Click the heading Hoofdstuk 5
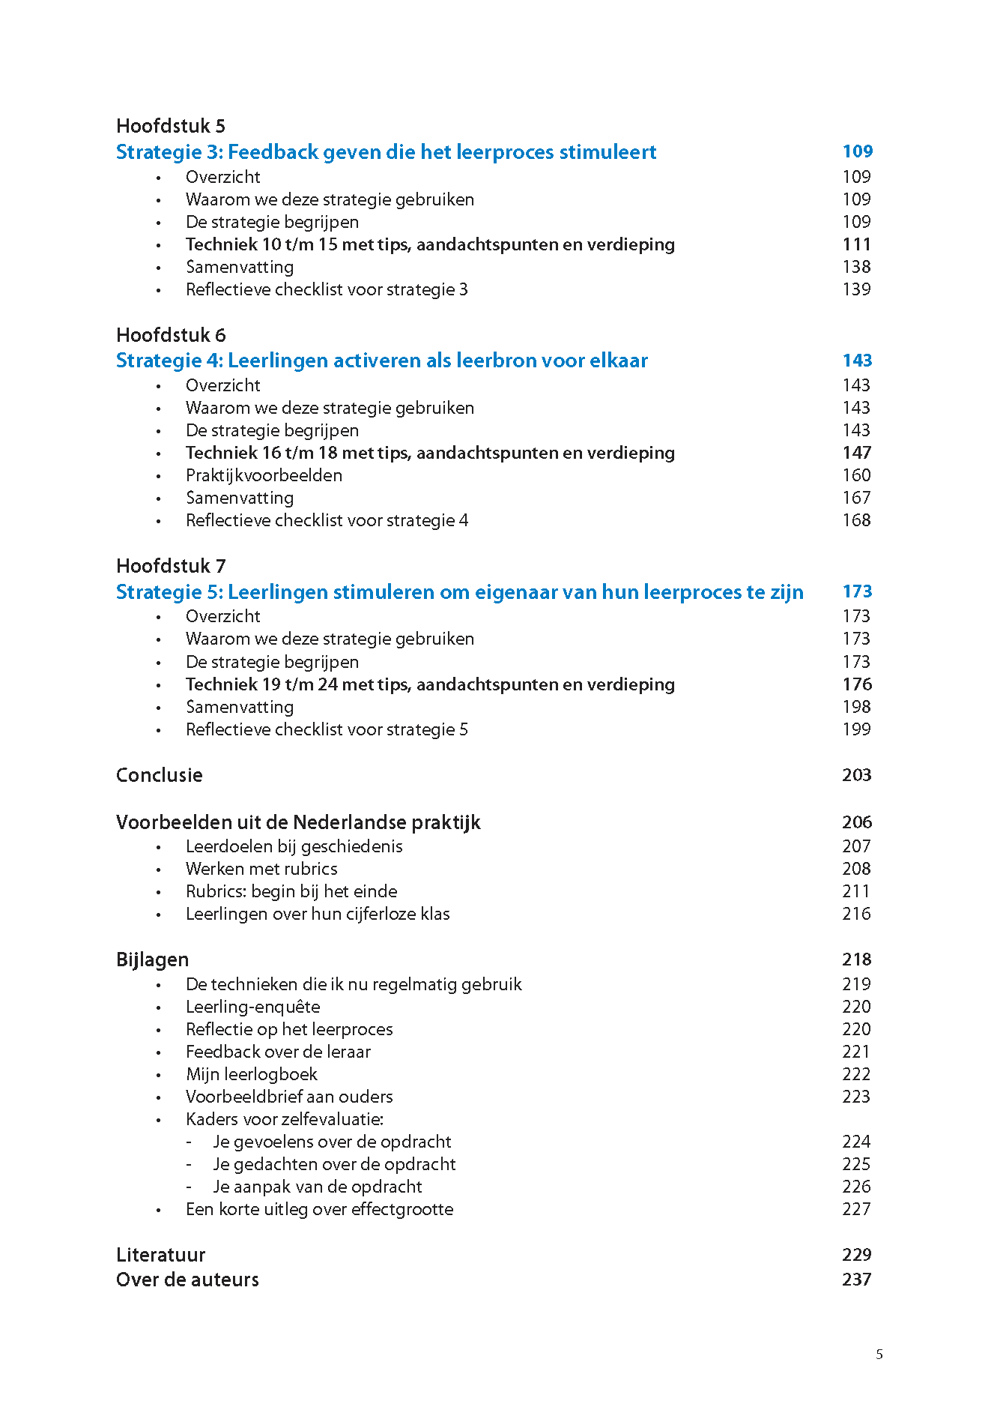point(171,126)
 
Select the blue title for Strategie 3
point(386,152)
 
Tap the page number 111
point(856,244)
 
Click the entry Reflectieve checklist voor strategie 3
point(327,289)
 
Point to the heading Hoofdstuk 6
point(171,335)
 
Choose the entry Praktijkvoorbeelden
point(264,475)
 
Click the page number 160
point(856,475)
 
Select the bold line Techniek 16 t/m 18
point(430,453)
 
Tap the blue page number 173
point(857,591)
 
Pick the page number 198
point(856,707)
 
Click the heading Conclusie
point(159,775)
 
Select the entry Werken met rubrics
point(261,869)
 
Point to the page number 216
point(856,914)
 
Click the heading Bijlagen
point(152,959)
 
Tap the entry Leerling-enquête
point(252,1007)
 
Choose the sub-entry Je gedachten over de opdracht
point(334,1164)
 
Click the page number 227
point(856,1209)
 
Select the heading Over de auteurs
point(187,1280)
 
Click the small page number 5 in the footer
point(879,1355)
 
